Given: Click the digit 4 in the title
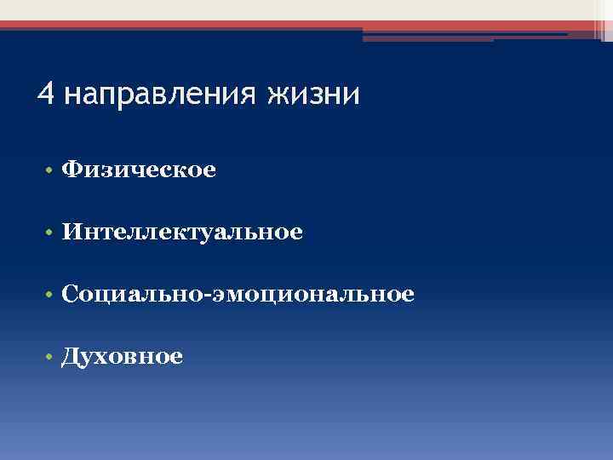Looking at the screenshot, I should pos(45,93).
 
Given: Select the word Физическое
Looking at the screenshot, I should pos(139,170).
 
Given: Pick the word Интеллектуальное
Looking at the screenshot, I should pos(182,232).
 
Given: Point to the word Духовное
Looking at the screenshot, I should pos(122,356).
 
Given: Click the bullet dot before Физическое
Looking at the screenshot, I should pos(51,171).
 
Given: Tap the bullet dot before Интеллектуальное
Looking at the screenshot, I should pos(51,233).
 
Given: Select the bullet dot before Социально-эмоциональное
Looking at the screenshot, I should pos(51,295).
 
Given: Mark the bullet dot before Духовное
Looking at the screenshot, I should pos(51,357).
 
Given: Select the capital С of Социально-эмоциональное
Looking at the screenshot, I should pos(70,294).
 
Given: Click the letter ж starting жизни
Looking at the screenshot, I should pos(279,95).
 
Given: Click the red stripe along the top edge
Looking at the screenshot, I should pos(306,25).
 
